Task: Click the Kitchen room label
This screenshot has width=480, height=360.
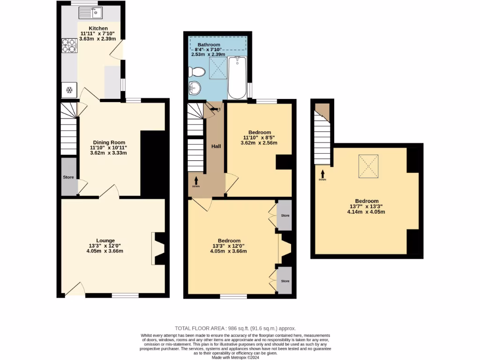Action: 98,29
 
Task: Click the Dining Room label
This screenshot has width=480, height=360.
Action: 109,142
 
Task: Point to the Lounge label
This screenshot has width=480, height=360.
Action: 105,240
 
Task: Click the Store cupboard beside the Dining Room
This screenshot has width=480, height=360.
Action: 68,177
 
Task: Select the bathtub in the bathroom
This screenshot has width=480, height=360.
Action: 237,77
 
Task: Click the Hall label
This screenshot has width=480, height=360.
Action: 216,146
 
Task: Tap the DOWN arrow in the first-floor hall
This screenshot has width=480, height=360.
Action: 196,181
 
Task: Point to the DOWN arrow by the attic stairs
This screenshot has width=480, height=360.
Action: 322,174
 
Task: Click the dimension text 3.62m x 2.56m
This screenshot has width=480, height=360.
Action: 259,143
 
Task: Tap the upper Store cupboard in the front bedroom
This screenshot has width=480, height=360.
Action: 285,215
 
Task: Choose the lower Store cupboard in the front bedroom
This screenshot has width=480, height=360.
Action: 285,280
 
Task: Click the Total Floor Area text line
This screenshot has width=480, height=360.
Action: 235,329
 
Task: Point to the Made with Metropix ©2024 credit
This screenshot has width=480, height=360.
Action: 236,357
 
